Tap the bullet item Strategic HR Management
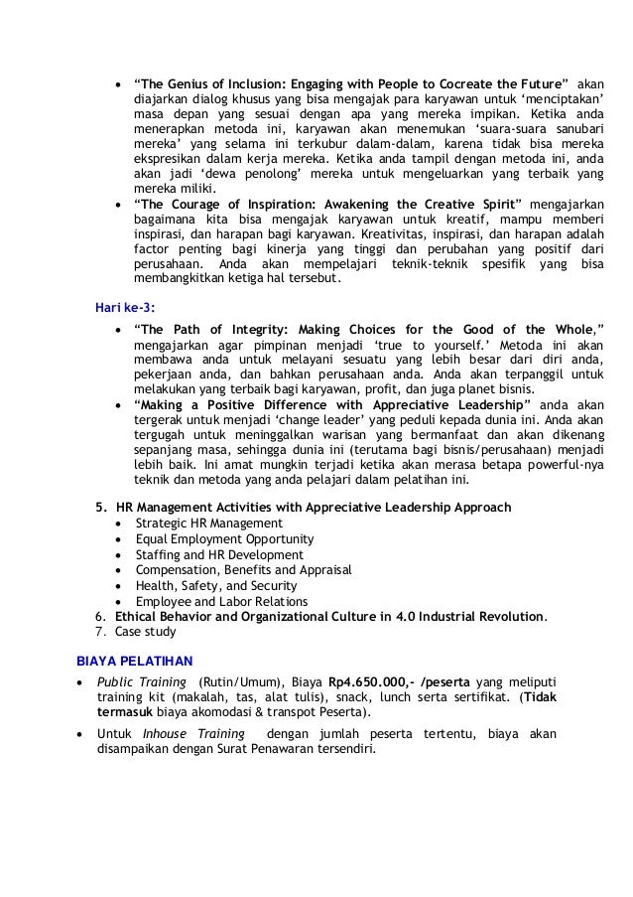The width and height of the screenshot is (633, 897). click(x=208, y=523)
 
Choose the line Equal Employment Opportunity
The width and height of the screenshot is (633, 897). click(x=220, y=538)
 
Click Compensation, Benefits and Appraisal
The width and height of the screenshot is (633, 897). click(x=243, y=570)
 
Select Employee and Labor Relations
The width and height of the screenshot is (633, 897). click(x=221, y=601)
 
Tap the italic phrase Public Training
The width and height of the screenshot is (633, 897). click(x=141, y=681)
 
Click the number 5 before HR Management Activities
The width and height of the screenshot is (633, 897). click(x=99, y=507)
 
